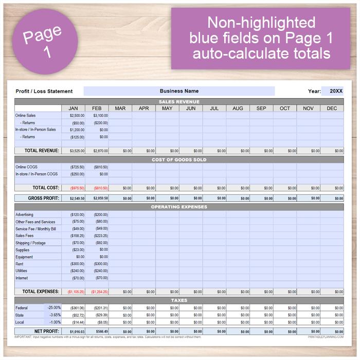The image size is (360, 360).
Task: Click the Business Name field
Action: (x=179, y=91)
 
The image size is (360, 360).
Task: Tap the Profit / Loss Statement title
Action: (x=44, y=92)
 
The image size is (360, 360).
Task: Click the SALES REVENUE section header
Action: (x=179, y=102)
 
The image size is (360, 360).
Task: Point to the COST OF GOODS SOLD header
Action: (x=179, y=160)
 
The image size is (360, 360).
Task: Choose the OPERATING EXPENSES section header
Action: (x=179, y=207)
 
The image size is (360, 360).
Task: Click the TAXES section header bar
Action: (x=179, y=300)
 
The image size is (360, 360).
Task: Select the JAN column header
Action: (x=73, y=109)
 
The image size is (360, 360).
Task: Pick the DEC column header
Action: (x=332, y=109)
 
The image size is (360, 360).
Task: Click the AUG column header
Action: (x=238, y=109)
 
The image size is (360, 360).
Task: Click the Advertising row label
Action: (x=25, y=214)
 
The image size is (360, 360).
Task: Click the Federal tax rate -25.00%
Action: (x=54, y=308)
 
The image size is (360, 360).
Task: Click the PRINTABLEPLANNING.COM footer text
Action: (x=326, y=337)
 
